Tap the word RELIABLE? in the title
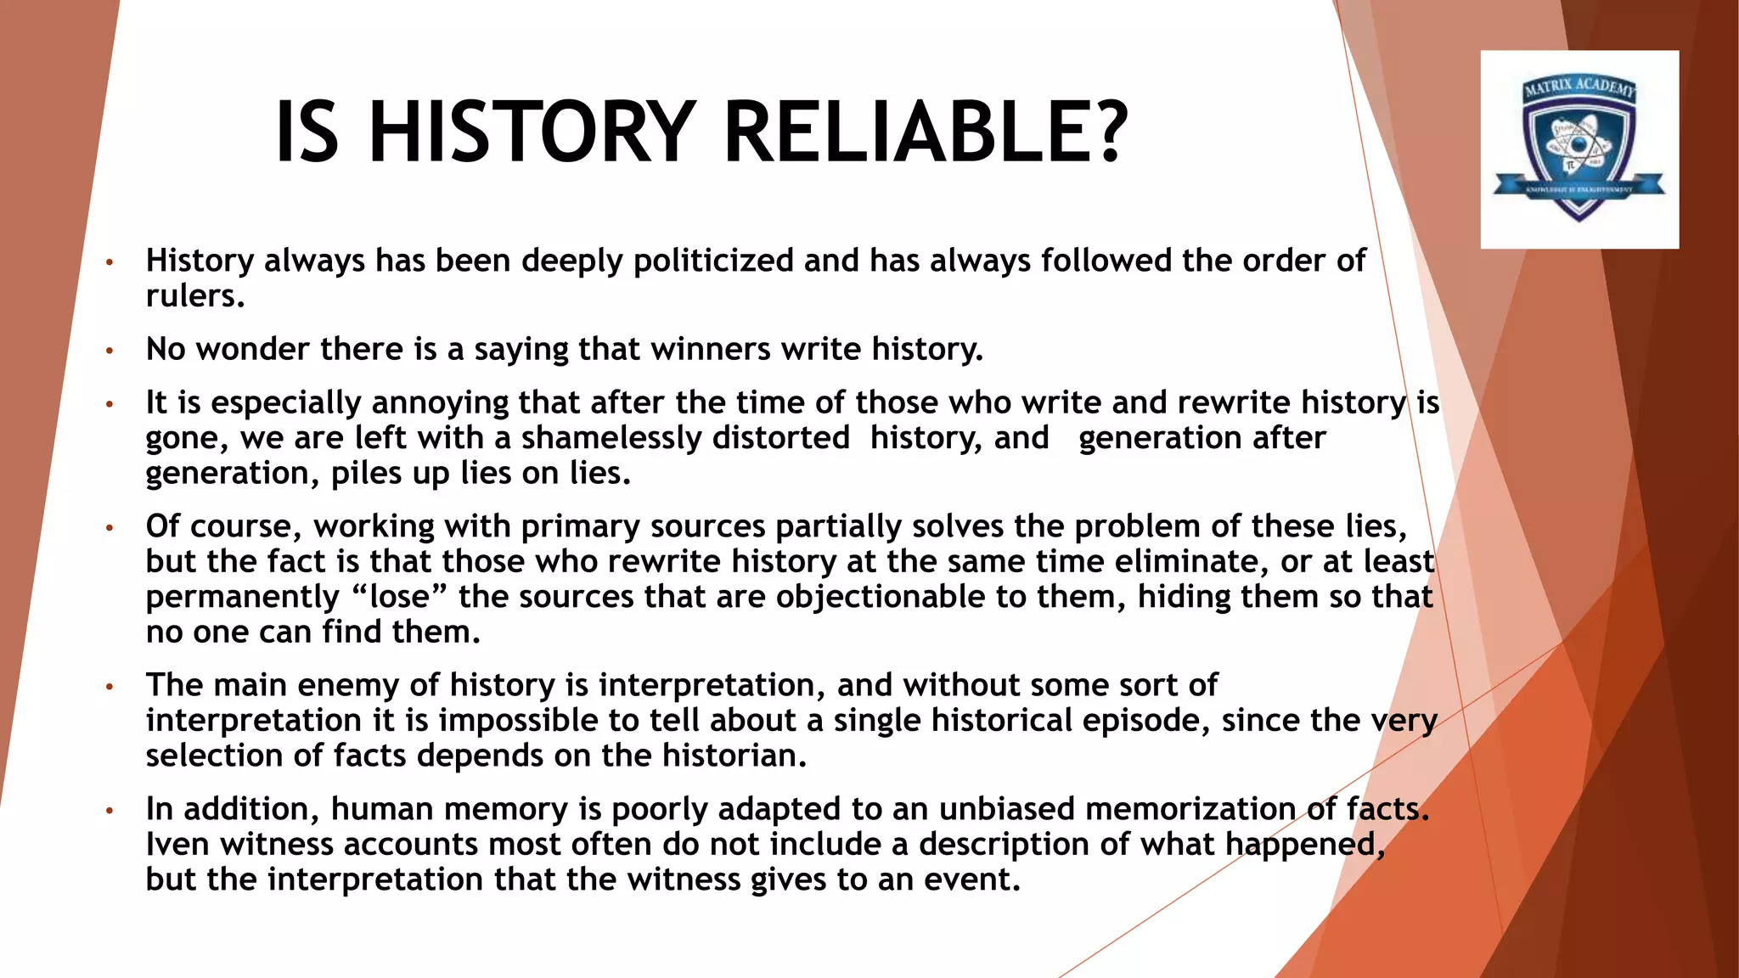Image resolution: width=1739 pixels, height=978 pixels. pos(926,132)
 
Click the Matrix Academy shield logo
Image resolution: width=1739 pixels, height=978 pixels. pos(1579,149)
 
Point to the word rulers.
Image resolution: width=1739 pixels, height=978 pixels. pos(195,296)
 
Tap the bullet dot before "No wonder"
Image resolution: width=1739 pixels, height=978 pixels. pos(109,350)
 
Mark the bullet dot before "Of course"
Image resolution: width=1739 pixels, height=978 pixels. pos(109,527)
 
